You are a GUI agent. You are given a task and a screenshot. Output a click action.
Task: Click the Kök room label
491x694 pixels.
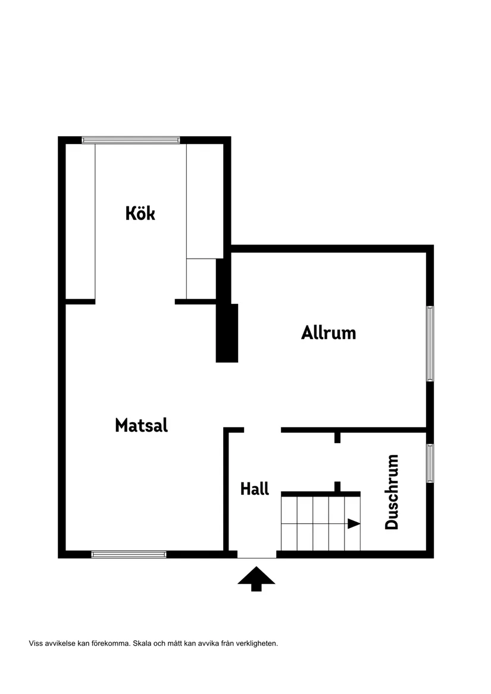pyautogui.click(x=140, y=213)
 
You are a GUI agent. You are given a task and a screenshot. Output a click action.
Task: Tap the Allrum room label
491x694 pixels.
pyautogui.click(x=329, y=332)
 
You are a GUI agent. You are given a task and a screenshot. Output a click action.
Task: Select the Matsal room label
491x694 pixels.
pyautogui.click(x=141, y=425)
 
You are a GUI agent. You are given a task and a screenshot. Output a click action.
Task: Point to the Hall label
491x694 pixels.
pyautogui.click(x=255, y=489)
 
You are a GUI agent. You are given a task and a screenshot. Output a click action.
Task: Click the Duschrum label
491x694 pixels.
pyautogui.click(x=392, y=492)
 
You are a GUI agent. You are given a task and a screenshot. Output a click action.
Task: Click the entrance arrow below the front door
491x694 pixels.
pyautogui.click(x=257, y=579)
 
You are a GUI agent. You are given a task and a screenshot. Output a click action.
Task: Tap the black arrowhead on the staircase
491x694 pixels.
pyautogui.click(x=354, y=524)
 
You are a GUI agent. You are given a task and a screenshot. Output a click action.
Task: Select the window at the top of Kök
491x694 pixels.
pyautogui.click(x=130, y=140)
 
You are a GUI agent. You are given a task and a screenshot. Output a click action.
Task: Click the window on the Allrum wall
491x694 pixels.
pyautogui.click(x=430, y=343)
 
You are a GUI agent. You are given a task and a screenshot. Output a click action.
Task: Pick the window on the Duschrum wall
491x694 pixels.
pyautogui.click(x=430, y=463)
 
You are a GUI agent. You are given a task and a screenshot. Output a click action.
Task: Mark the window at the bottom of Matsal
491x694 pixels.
pyautogui.click(x=129, y=554)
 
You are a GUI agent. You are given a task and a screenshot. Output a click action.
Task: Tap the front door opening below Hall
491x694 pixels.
pyautogui.click(x=257, y=554)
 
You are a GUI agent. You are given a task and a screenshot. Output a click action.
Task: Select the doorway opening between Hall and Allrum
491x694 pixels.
pyautogui.click(x=262, y=430)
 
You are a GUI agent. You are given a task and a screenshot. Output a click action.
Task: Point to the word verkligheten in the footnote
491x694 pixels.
pyautogui.click(x=254, y=643)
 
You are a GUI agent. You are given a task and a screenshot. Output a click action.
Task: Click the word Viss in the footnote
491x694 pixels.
pyautogui.click(x=36, y=643)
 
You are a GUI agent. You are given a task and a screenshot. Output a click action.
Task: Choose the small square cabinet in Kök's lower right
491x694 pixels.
pyautogui.click(x=201, y=278)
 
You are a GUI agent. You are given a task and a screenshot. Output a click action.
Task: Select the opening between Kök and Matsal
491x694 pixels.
pyautogui.click(x=135, y=302)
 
